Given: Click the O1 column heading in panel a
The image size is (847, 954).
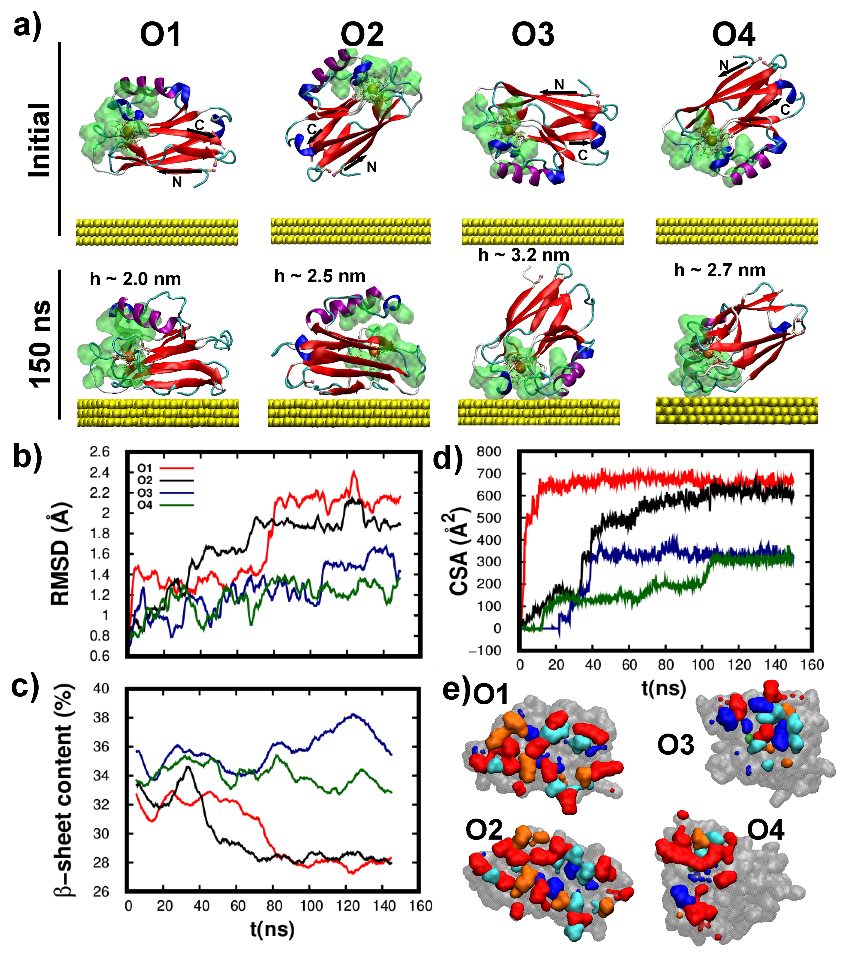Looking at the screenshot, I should (160, 35).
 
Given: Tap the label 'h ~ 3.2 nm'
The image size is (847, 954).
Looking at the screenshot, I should (523, 255).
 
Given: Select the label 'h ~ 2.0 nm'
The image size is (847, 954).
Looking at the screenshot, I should (136, 279).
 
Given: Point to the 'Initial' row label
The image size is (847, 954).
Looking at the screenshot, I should (40, 140).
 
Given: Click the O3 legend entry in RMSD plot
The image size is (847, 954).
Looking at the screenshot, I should (145, 493).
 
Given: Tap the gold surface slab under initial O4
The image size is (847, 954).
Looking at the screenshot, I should (736, 231).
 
